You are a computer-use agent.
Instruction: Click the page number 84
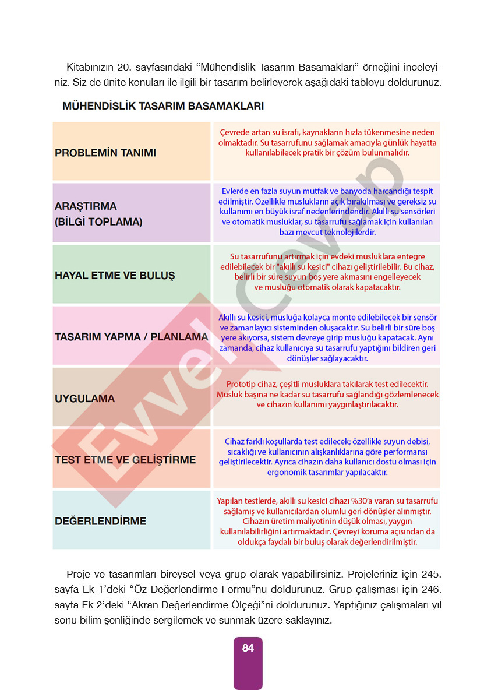pos(248,648)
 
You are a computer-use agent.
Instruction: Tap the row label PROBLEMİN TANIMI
pos(105,153)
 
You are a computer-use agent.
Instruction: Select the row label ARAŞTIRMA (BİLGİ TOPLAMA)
pos(98,214)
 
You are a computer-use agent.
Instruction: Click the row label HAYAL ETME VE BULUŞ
pos(115,276)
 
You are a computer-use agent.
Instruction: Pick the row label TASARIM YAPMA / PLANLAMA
pos(131,337)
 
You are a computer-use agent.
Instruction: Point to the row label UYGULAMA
pos(84,399)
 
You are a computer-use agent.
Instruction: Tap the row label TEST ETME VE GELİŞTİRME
pos(125,460)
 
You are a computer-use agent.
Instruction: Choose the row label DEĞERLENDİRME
pos(100,521)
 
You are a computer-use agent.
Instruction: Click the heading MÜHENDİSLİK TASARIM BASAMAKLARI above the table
pos(163,106)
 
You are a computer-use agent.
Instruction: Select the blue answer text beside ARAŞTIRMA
pos(327,212)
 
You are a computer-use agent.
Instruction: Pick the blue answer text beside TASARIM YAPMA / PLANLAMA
pos(327,338)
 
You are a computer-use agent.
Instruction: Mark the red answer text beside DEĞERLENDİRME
pos(327,522)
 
